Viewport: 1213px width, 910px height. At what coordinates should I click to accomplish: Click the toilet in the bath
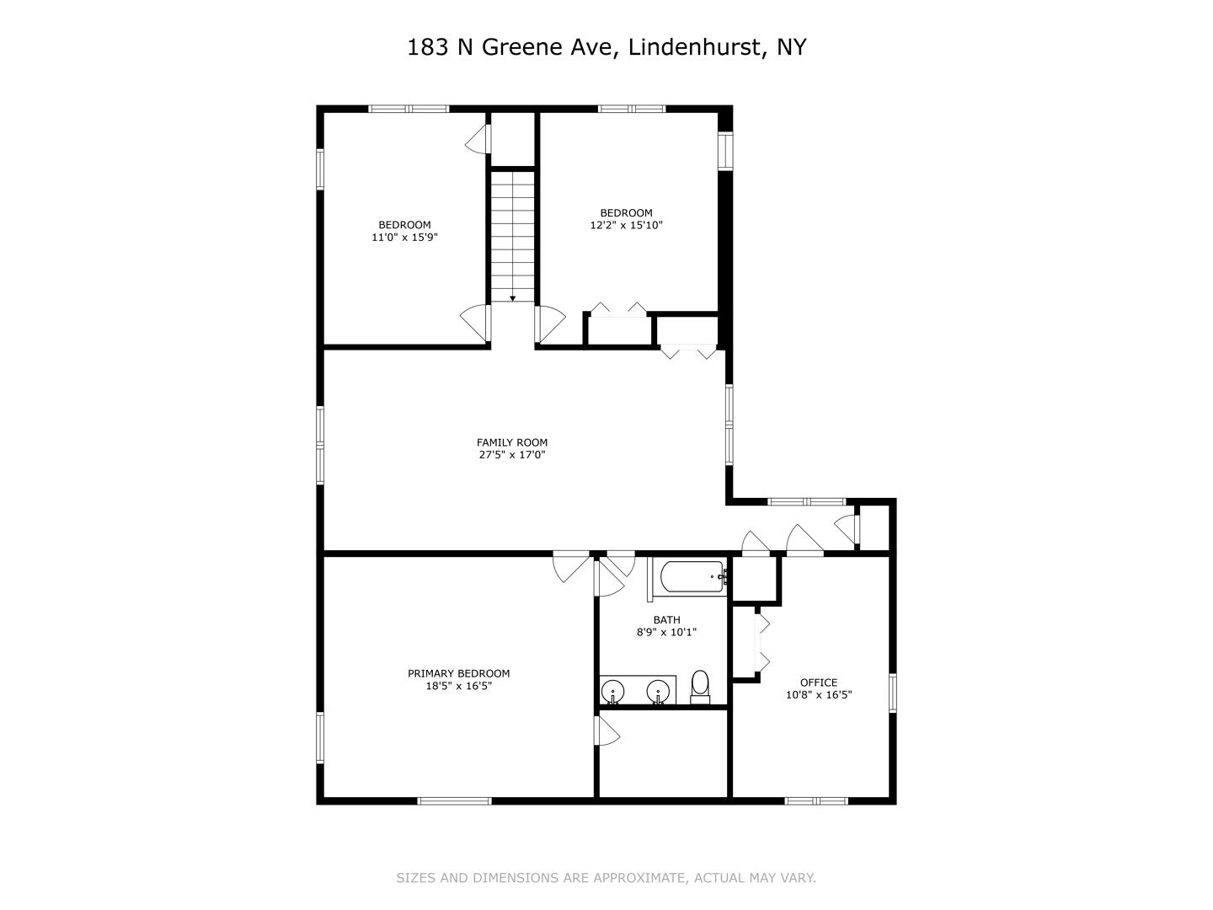tap(700, 688)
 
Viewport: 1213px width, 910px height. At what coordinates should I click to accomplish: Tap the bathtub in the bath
tap(692, 577)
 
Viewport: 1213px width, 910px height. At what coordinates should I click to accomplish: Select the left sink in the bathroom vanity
tap(613, 692)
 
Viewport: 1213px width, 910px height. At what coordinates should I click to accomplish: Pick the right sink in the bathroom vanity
tap(658, 692)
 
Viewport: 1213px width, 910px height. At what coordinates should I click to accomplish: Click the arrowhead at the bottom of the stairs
tap(513, 298)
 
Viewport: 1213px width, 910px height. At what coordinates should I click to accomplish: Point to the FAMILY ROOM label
tap(511, 442)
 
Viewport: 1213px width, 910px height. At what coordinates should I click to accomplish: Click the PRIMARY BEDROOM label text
tap(459, 673)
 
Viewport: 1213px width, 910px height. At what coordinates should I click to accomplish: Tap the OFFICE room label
tap(819, 682)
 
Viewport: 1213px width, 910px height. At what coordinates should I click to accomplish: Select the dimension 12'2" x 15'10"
tap(626, 225)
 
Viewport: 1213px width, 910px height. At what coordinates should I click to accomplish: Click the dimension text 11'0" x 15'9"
tap(404, 237)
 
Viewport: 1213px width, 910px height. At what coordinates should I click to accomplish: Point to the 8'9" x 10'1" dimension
tap(666, 632)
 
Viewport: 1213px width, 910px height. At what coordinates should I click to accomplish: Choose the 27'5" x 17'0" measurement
tap(511, 455)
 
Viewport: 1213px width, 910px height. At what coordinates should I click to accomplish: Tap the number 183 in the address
tap(427, 47)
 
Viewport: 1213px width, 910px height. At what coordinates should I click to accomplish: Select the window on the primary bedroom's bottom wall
tap(454, 800)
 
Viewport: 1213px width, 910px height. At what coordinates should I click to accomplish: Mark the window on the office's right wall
tap(892, 693)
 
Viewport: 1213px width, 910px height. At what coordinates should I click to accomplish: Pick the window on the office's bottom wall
tap(816, 800)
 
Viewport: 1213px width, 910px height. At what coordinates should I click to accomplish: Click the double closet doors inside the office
tap(761, 643)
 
